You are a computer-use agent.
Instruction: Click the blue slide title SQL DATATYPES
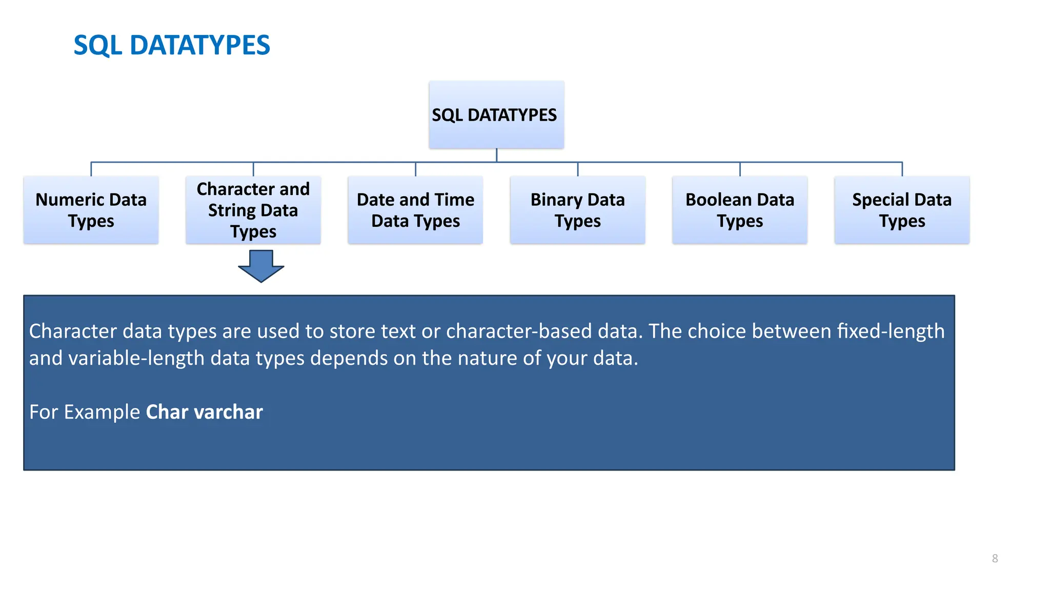click(x=171, y=45)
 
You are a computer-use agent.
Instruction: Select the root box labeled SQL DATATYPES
click(x=496, y=114)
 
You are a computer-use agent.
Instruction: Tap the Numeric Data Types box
click(x=91, y=210)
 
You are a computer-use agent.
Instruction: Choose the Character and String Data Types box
click(x=253, y=210)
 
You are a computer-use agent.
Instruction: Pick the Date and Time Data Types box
click(x=415, y=210)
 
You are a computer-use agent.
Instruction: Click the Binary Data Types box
click(x=577, y=210)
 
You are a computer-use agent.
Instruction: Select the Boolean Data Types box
click(x=739, y=210)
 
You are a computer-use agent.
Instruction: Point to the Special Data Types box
click(x=901, y=210)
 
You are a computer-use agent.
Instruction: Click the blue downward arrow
click(x=261, y=266)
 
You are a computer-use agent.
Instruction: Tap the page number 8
click(x=995, y=558)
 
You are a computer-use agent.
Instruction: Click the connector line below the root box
click(x=496, y=155)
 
